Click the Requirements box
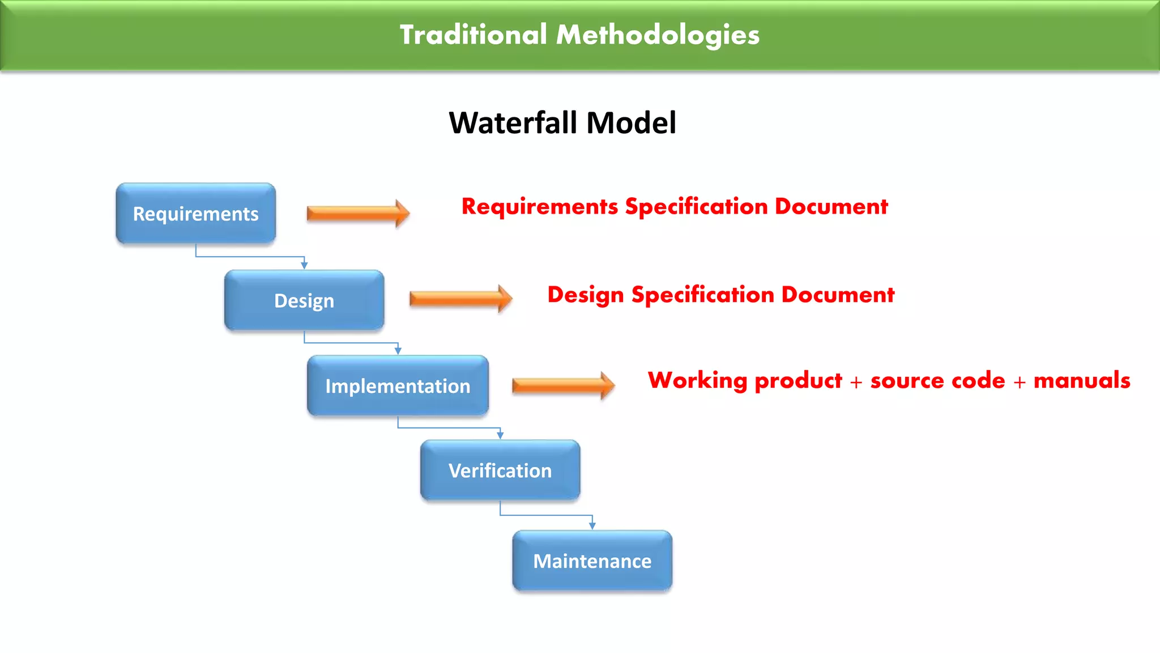[x=195, y=214]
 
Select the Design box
[x=304, y=300]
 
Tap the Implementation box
[x=398, y=386]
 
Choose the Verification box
[x=500, y=470]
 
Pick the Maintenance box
[x=592, y=561]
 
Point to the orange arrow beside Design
[x=460, y=299]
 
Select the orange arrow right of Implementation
[x=563, y=386]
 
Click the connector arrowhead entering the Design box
[x=304, y=265]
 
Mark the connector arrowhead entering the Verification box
[x=500, y=435]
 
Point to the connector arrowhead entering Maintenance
[x=592, y=526]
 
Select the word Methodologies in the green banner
[x=658, y=35]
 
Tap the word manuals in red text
[x=1082, y=380]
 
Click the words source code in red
[x=937, y=380]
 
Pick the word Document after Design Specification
[x=838, y=295]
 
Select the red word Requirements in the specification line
[x=540, y=207]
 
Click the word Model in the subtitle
[x=631, y=122]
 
